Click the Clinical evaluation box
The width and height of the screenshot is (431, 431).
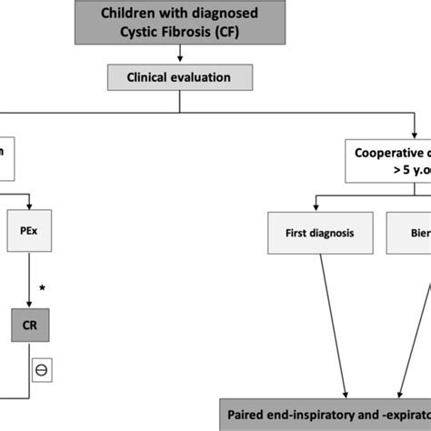pos(180,77)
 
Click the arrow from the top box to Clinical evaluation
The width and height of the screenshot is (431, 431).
pos(180,57)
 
